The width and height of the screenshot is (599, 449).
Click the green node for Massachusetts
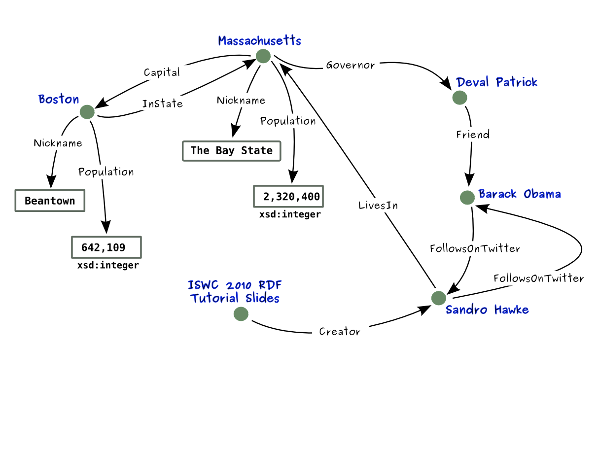click(263, 56)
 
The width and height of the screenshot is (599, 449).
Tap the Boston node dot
click(87, 112)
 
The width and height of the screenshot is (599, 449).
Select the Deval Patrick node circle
click(459, 98)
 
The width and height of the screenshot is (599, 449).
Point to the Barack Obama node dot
click(467, 198)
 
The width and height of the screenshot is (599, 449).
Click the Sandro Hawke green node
click(438, 298)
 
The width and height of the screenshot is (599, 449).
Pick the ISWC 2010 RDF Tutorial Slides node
click(241, 313)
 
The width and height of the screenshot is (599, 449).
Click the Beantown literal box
click(50, 201)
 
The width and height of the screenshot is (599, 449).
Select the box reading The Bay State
click(231, 150)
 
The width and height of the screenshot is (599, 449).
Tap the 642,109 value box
click(106, 247)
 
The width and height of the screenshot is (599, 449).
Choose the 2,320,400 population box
click(288, 197)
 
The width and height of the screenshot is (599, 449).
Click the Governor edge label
click(350, 65)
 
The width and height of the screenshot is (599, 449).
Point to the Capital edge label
click(162, 72)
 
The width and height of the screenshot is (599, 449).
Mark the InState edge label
click(162, 104)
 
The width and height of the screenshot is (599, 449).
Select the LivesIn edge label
click(378, 206)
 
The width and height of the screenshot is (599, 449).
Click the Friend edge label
click(473, 134)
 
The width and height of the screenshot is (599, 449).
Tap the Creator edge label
click(340, 332)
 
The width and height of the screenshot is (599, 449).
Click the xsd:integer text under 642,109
click(108, 266)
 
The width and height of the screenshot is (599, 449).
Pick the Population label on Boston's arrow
click(106, 172)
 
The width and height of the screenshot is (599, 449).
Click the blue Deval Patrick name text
click(497, 82)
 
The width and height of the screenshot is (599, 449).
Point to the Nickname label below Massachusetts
click(241, 101)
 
